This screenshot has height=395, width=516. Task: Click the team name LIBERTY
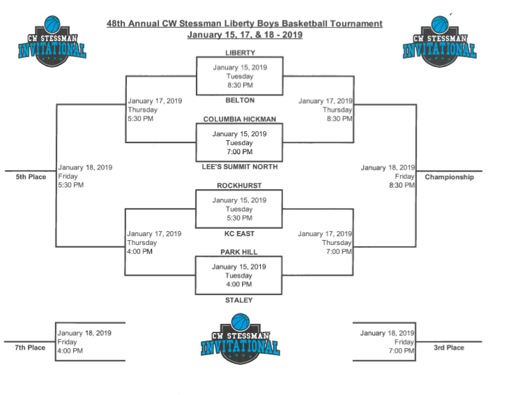pos(240,53)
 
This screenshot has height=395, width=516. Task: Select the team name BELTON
pos(240,100)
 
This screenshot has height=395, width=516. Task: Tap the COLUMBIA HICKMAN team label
pos(240,119)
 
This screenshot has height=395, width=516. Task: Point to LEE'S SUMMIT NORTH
pos(240,167)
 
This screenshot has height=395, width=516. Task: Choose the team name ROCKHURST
pos(240,186)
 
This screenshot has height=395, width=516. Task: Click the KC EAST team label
pos(240,233)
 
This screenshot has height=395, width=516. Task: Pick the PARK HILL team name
pos(240,252)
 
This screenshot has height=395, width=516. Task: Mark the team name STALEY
pos(240,300)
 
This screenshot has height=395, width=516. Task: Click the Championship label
pos(449,177)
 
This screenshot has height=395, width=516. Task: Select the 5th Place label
pos(31,177)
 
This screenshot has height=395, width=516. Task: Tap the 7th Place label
pos(31,348)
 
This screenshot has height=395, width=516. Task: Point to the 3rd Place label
pos(449,348)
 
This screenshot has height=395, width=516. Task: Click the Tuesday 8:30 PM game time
pos(240,85)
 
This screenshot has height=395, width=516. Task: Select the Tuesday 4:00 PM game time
pos(239,284)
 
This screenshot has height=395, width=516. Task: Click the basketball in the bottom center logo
pos(240,322)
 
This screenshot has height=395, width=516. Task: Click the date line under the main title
pos(244,35)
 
